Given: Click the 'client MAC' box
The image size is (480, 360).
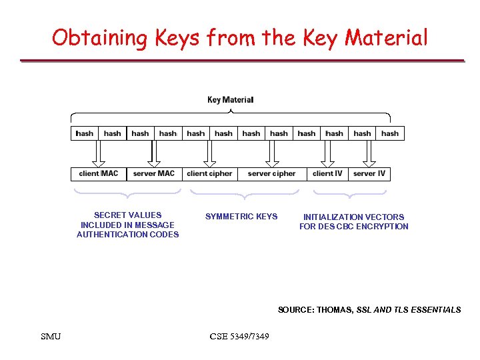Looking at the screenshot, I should click(99, 174).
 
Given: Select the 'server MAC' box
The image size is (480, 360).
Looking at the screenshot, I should click(154, 174).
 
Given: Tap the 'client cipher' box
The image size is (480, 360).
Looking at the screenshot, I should click(209, 174).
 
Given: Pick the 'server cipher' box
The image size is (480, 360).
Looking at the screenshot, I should click(271, 174).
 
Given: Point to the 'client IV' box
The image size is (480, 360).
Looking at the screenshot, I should click(327, 174).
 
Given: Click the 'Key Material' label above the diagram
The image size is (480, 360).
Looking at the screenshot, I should click(231, 100).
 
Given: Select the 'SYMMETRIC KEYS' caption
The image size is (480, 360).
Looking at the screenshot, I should click(241, 217).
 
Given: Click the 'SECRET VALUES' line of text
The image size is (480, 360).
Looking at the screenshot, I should click(127, 215).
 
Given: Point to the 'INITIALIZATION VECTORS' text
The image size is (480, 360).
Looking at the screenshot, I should click(353, 217).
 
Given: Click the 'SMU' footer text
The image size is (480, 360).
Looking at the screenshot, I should click(51, 336).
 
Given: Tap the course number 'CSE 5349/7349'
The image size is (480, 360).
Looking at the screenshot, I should click(239, 336).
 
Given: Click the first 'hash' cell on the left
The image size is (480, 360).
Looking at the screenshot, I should click(85, 133).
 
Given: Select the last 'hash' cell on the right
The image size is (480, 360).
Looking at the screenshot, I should click(390, 133).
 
